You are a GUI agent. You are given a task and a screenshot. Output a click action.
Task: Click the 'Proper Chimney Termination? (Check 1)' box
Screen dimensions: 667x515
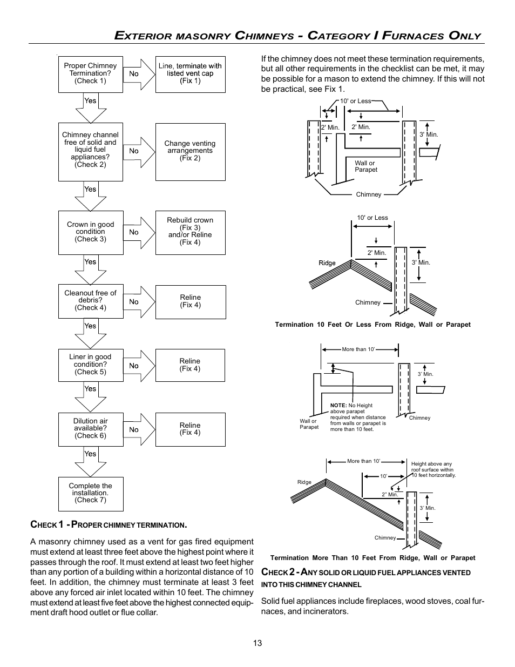tap(90, 74)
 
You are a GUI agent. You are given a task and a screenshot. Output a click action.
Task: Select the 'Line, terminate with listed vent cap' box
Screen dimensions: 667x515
tap(190, 73)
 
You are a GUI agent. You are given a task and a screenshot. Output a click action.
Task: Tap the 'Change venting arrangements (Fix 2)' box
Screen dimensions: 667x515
tap(190, 151)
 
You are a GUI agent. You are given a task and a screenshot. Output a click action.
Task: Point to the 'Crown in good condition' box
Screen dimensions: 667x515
tap(90, 232)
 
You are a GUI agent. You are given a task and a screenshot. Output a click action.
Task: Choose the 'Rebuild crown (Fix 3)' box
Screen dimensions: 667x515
tap(190, 232)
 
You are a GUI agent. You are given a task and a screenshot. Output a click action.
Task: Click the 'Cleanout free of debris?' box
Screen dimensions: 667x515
tap(90, 301)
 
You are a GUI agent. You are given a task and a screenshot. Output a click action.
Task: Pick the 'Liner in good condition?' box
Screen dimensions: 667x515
tap(90, 365)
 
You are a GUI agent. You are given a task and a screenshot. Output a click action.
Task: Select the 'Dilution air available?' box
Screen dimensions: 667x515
tap(90, 429)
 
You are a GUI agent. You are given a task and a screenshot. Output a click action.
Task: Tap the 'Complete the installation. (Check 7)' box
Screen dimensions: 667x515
tap(90, 493)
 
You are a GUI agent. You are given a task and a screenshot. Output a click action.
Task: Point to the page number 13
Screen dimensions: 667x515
tap(257, 643)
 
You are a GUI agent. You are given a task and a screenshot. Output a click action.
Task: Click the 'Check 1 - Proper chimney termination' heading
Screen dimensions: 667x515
tap(109, 524)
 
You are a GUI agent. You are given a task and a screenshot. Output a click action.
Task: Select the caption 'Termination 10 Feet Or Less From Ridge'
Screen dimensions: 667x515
tap(372, 325)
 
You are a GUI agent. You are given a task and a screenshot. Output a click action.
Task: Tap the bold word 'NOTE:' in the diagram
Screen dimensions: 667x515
tap(338, 405)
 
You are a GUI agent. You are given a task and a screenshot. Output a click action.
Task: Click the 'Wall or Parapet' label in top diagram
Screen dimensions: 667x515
tap(365, 166)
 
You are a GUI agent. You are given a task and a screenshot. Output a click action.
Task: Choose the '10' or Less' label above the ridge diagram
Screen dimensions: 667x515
tap(372, 218)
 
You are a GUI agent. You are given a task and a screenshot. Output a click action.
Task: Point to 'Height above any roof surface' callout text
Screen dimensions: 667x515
tap(433, 469)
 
